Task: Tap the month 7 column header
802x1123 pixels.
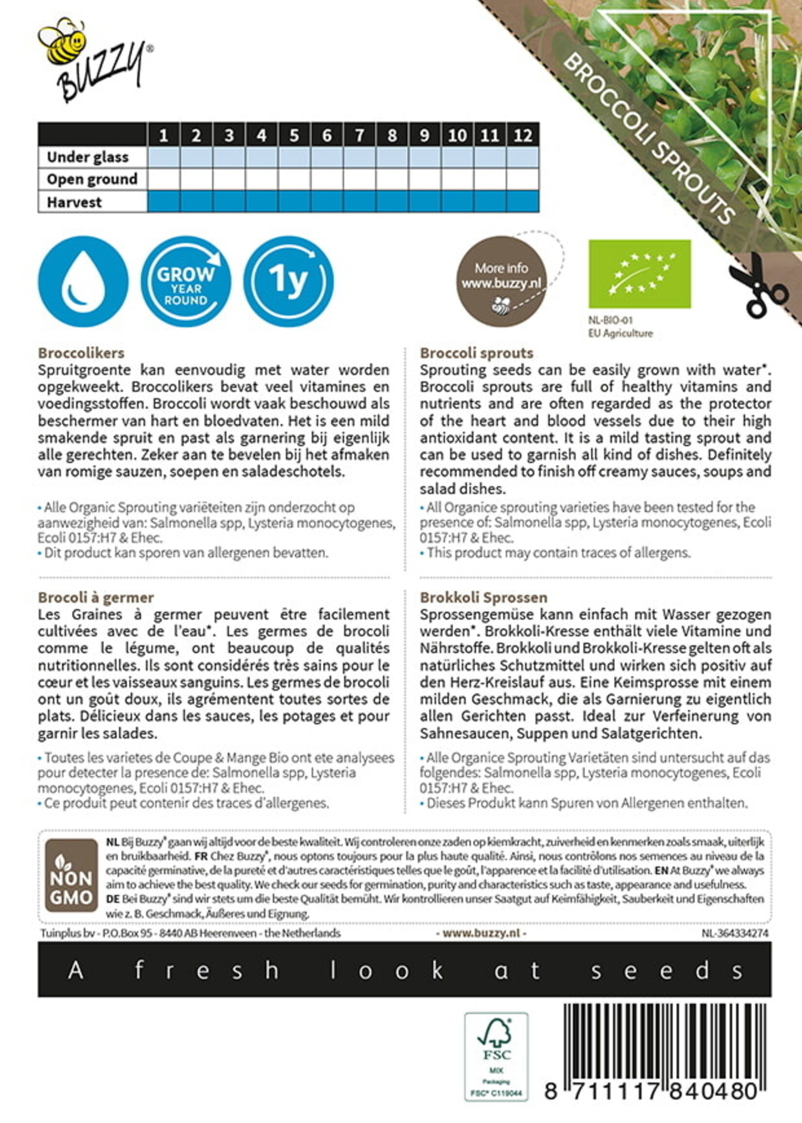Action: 360,135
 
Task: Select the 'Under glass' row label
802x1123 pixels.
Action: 87,157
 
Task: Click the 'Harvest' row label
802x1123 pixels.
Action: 74,202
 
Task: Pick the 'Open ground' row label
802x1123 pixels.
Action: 92,179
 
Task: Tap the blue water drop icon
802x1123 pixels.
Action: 83,281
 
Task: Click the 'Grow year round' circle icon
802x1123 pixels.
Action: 185,281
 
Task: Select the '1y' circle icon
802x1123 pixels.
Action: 288,281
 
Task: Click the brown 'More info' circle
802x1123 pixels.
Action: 501,282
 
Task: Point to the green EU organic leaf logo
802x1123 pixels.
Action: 639,274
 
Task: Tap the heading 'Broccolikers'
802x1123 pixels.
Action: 81,353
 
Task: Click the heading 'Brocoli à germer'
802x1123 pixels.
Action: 96,598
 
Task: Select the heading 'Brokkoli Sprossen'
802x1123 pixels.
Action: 484,598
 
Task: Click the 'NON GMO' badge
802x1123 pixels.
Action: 71,876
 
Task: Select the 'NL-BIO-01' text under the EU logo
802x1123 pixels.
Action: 610,320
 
